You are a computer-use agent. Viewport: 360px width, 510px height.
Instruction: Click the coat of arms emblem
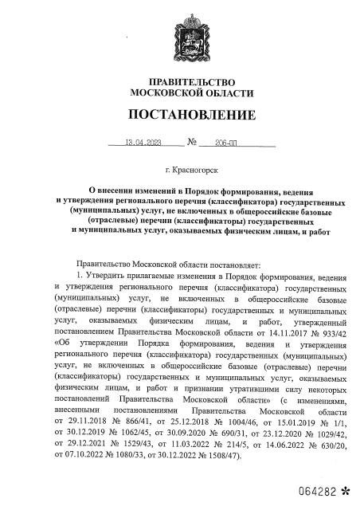click(179, 29)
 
